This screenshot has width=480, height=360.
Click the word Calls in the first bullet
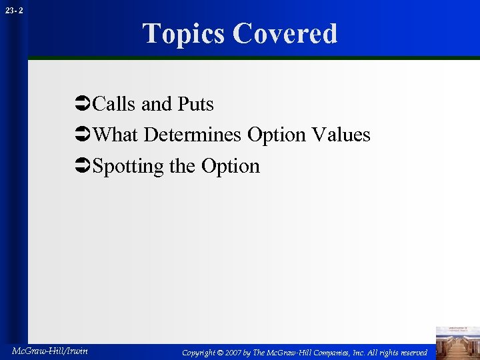click(115, 104)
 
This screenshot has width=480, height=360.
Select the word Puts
click(195, 104)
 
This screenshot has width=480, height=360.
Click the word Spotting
click(129, 166)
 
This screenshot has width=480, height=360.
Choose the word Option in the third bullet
click(230, 166)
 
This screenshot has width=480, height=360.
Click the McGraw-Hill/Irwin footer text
click(50, 350)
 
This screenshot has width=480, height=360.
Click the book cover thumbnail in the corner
click(457, 342)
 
